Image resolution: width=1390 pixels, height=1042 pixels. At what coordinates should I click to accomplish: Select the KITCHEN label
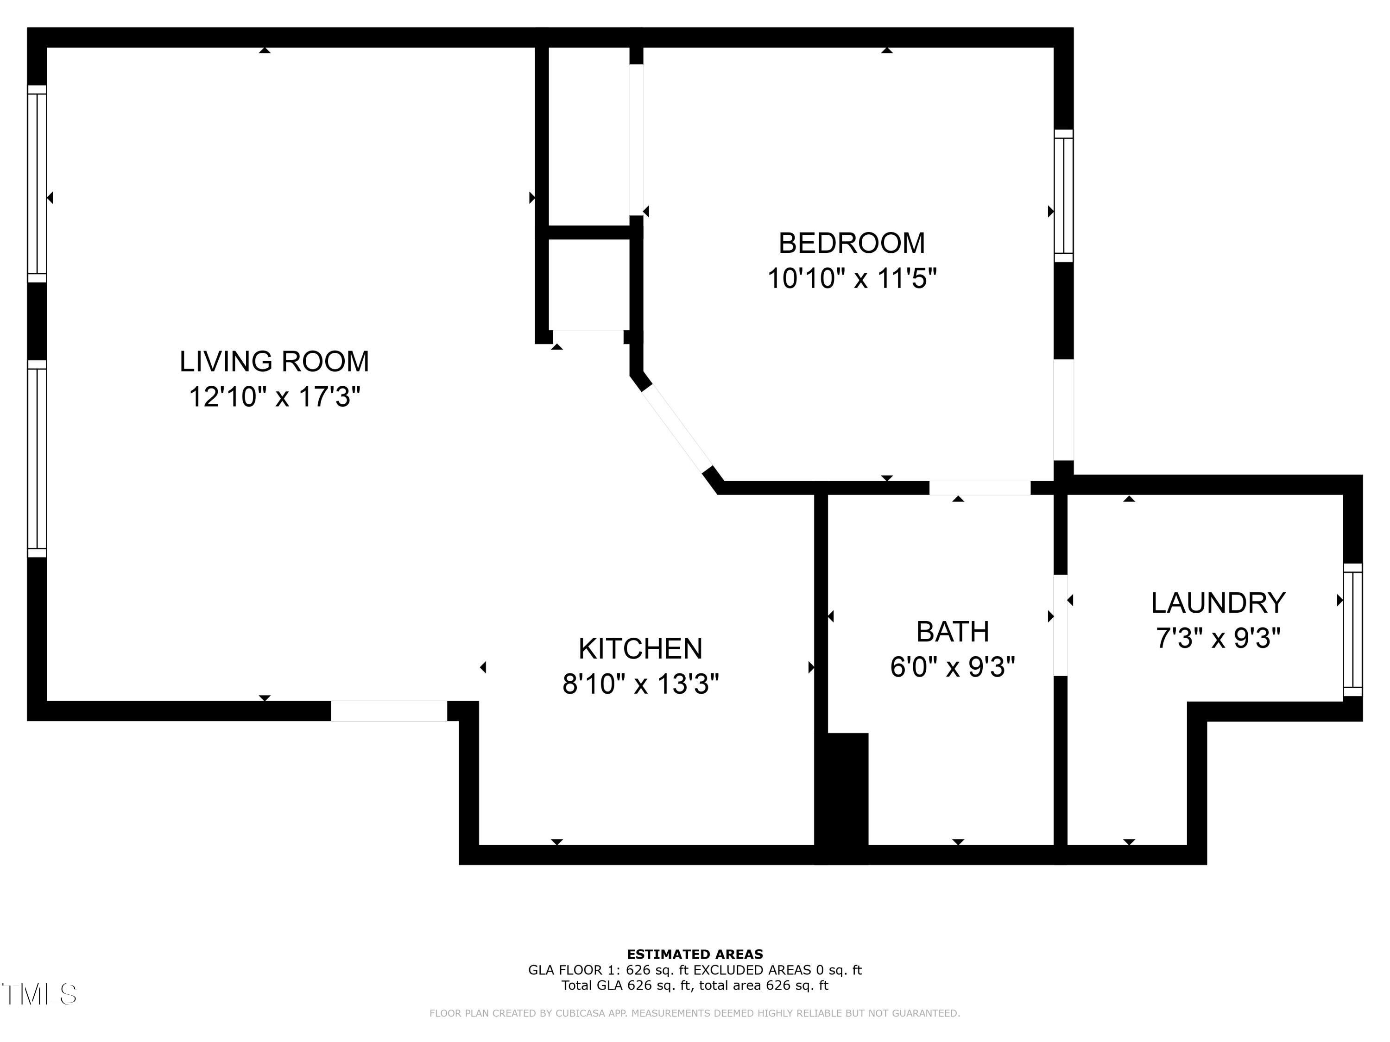[x=640, y=649]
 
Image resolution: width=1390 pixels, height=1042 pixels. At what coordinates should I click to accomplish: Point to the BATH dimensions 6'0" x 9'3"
[x=952, y=667]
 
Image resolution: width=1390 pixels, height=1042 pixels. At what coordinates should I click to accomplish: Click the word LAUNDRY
[x=1217, y=603]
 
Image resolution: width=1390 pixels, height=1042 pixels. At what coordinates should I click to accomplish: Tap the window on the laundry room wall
[x=1352, y=630]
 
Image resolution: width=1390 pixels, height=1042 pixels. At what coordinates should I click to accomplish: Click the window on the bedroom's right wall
[x=1063, y=195]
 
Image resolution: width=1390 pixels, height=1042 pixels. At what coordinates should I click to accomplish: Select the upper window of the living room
[x=37, y=183]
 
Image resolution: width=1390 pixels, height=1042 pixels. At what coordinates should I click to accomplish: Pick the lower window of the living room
[x=37, y=458]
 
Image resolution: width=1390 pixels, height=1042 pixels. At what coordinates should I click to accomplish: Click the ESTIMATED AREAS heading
[x=695, y=954]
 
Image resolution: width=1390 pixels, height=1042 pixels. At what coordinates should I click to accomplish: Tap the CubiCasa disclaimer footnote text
[x=695, y=1013]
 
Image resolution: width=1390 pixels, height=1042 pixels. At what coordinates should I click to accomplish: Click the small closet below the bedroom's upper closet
[x=589, y=284]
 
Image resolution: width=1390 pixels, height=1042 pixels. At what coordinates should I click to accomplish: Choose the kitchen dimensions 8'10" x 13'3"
[x=640, y=684]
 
